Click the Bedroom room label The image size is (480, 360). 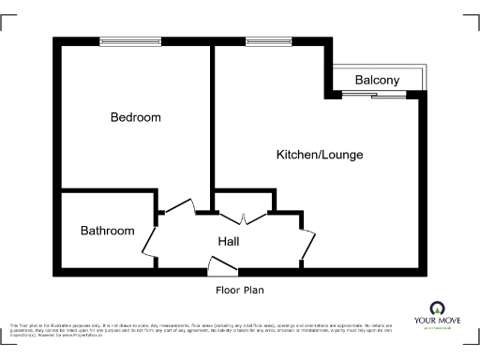tap(135, 118)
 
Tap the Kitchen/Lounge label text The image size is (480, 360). tap(319, 154)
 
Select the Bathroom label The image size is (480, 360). tap(107, 231)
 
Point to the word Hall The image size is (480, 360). tap(229, 242)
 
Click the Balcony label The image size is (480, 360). tap(377, 81)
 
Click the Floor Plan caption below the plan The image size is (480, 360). tap(240, 290)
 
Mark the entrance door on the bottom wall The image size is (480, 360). tap(218, 272)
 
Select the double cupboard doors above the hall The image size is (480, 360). tap(244, 217)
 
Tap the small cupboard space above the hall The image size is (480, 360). tap(244, 201)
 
